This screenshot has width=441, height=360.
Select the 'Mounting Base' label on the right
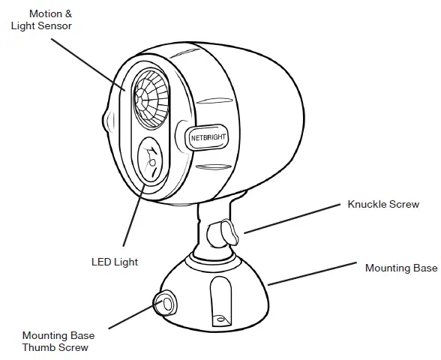[400, 268]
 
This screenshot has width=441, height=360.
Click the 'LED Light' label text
[115, 261]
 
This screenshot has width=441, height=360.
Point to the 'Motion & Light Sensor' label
[42, 20]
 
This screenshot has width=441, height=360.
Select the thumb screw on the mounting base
[165, 304]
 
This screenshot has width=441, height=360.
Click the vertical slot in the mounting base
[219, 296]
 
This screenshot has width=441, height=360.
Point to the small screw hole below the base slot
[220, 319]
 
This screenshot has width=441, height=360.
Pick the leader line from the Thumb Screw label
[131, 317]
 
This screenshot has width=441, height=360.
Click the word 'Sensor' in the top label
[56, 26]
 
